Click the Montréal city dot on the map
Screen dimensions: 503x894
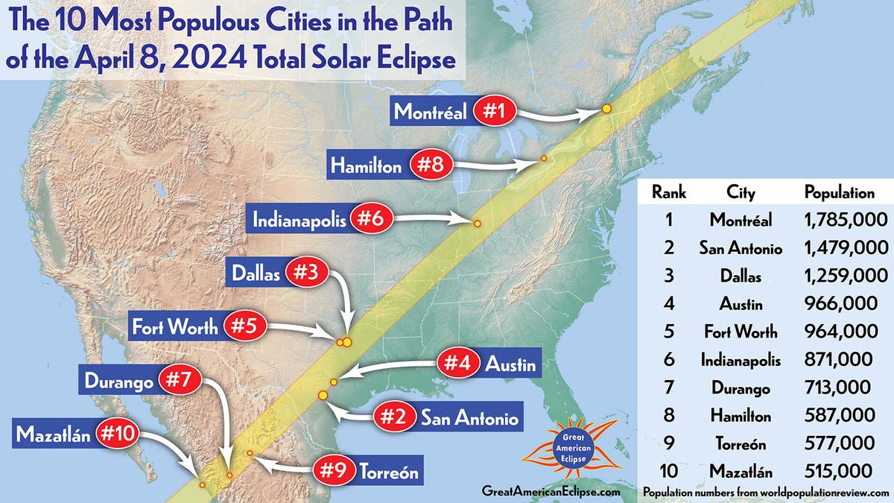click(x=606, y=109)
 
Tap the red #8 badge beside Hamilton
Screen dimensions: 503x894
click(x=431, y=165)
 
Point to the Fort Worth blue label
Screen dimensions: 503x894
click(x=175, y=326)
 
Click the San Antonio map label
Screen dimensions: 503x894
click(x=469, y=417)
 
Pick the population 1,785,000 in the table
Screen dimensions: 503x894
click(x=846, y=220)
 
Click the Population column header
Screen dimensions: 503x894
click(x=839, y=192)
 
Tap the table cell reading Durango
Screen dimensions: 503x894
click(x=741, y=387)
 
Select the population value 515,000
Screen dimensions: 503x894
click(x=839, y=471)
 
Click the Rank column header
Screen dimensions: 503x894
click(x=668, y=192)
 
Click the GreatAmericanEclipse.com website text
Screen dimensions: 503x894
click(x=551, y=491)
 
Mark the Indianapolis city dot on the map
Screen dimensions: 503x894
click(x=478, y=224)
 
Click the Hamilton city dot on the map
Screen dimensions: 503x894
click(x=544, y=159)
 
